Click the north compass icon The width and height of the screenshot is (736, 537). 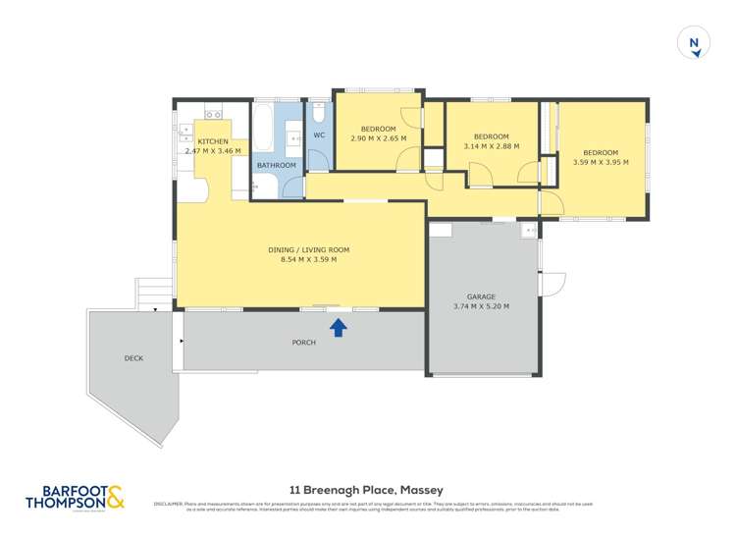coord(694,43)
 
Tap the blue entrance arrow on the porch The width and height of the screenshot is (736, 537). coord(338,326)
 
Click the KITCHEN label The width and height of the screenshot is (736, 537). coord(213,141)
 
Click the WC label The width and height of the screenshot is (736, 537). coord(319,135)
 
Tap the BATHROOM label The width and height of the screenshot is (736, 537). coord(276,165)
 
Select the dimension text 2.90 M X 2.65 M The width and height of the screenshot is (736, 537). coord(378,138)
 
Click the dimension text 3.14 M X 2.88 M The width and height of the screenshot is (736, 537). coord(491,146)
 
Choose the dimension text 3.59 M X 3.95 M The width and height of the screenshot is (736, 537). coord(601,162)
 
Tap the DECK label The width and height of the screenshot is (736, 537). coord(133,358)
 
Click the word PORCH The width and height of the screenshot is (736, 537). coord(304,343)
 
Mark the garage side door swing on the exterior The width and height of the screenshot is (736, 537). coord(552,282)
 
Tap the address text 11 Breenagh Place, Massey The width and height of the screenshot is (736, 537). coord(366,490)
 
